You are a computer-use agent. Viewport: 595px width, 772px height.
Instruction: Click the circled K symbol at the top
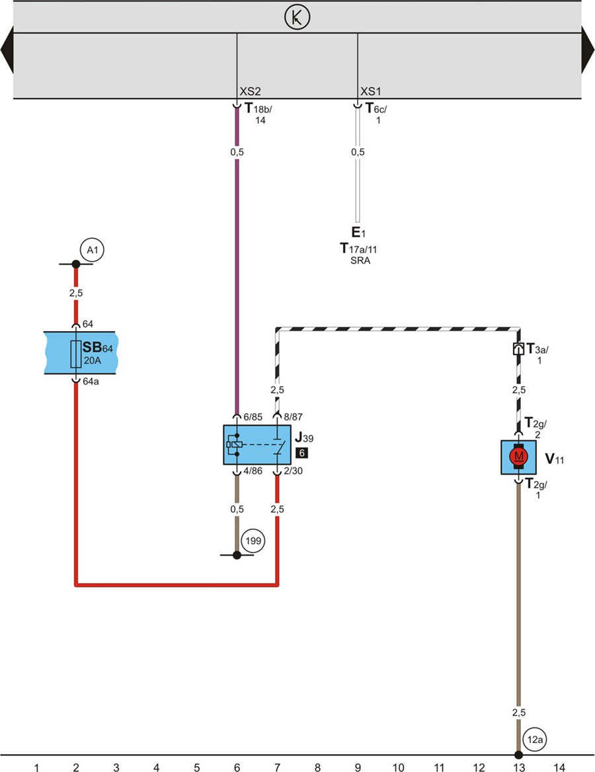pos(297,18)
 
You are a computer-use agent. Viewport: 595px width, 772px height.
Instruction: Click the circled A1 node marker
pos(93,251)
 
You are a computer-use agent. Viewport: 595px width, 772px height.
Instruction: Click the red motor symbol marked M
pos(519,457)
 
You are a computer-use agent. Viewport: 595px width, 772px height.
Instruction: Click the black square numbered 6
pos(301,453)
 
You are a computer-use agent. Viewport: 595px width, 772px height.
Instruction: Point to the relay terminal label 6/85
pos(254,417)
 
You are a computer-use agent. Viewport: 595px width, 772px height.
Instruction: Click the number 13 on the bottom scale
pos(519,767)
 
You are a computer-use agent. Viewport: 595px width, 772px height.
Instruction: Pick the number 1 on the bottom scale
pos(36,767)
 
